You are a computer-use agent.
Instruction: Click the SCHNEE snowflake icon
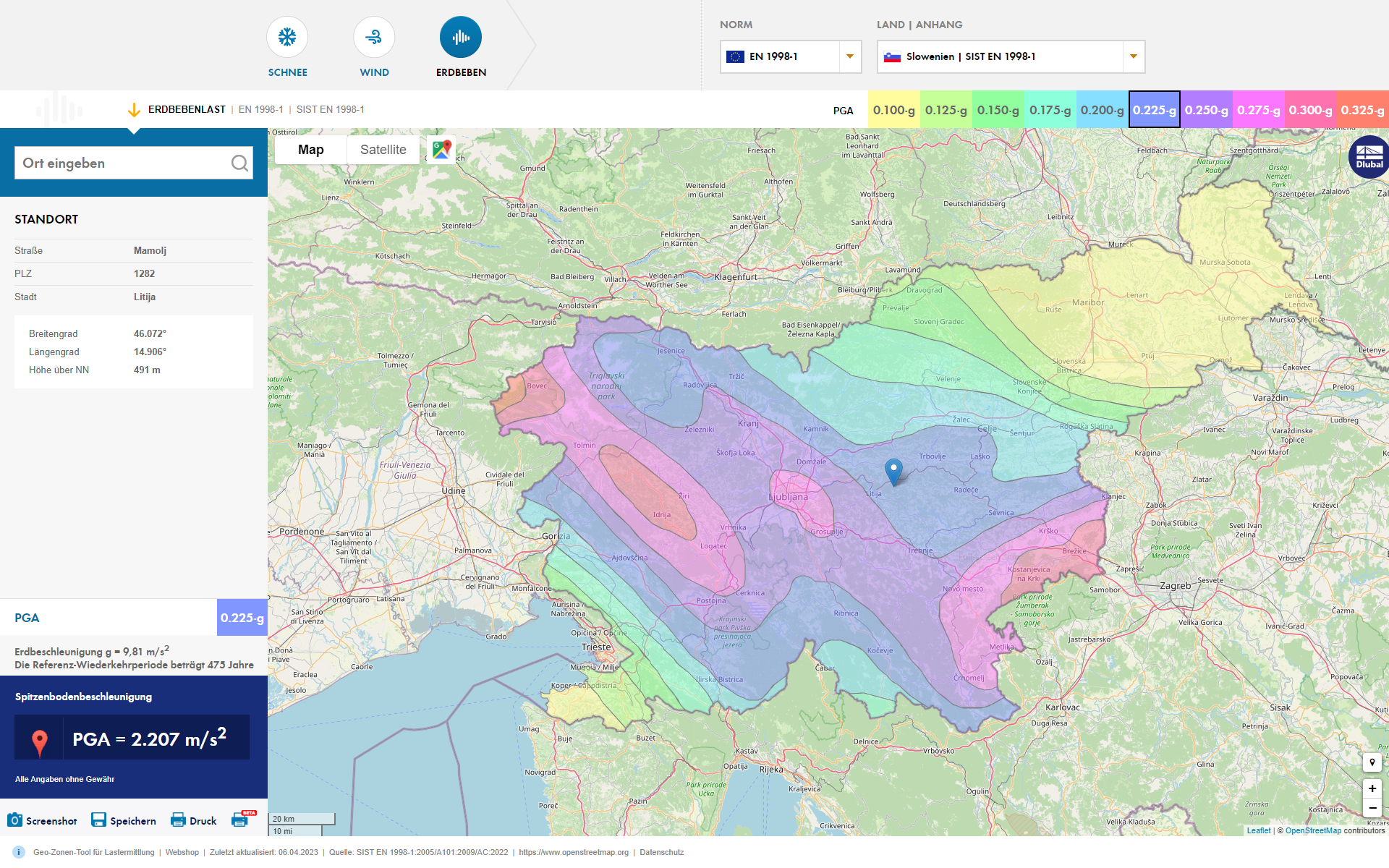287,37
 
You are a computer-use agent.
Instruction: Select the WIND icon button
374,37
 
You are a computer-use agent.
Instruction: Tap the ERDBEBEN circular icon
461,37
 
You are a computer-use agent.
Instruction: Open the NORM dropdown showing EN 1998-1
791,56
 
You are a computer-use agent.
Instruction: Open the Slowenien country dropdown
1011,56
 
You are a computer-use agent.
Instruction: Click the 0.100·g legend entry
893,110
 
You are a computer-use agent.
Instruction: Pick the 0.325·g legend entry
1362,110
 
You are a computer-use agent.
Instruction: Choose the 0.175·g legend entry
1050,110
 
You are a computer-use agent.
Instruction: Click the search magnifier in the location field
239,163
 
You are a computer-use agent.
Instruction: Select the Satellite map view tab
383,150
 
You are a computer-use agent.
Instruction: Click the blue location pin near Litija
893,470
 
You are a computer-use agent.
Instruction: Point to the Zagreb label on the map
1175,585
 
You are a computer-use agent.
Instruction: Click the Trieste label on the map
596,647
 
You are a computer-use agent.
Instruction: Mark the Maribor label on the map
1088,302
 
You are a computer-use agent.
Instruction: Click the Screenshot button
42,820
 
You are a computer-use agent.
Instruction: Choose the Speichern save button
124,820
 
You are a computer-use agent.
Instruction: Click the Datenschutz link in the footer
661,852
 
